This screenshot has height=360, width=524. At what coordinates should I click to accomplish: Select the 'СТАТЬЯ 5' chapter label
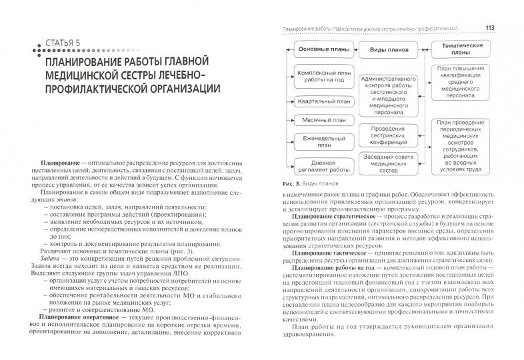click(x=48, y=45)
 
